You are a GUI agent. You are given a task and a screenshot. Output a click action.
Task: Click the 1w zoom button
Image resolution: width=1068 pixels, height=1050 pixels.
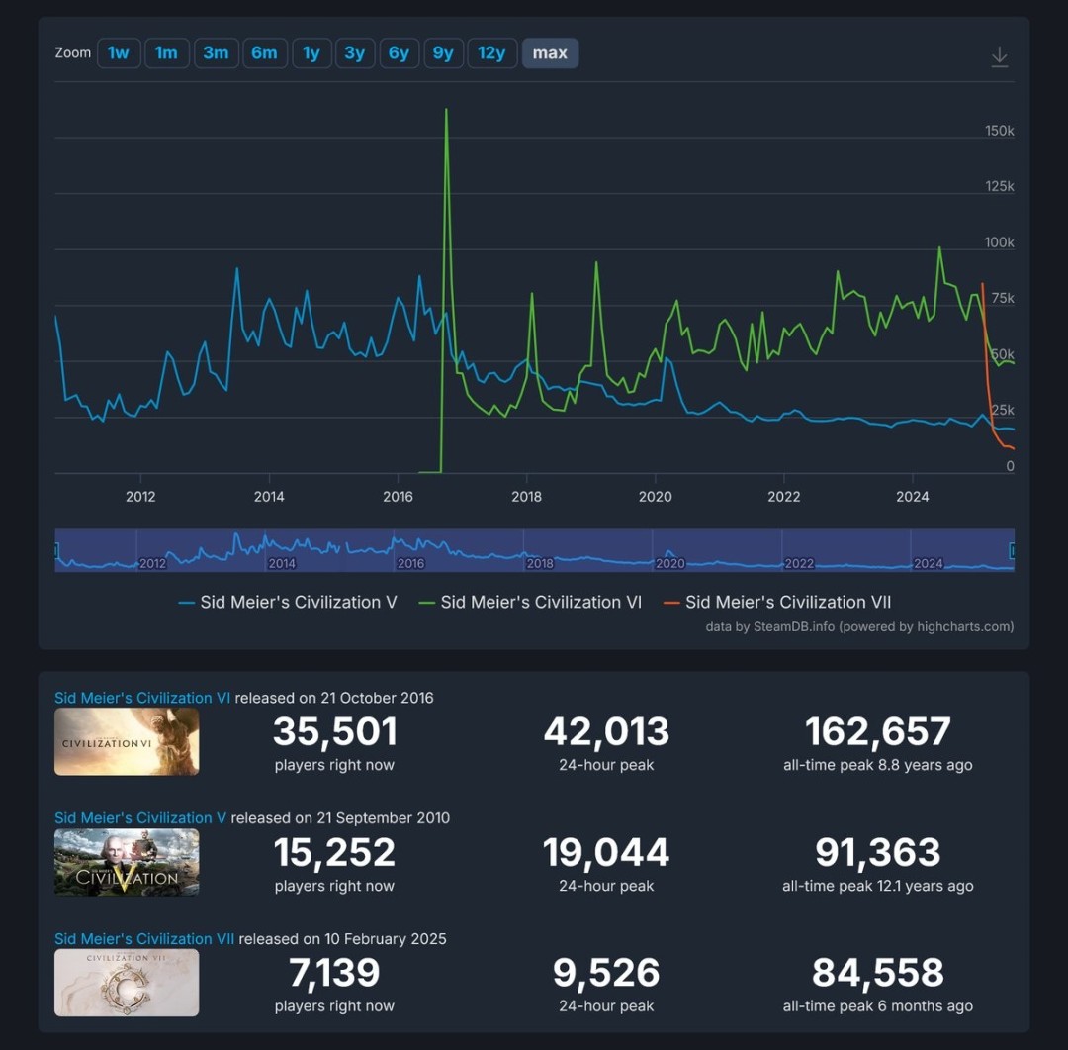point(119,53)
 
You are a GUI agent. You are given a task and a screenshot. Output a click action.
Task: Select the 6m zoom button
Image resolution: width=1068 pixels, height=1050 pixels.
point(264,53)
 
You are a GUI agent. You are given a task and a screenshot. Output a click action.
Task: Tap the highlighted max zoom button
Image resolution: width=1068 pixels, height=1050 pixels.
point(550,53)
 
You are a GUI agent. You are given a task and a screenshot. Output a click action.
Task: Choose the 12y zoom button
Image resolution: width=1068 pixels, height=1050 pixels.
point(491,53)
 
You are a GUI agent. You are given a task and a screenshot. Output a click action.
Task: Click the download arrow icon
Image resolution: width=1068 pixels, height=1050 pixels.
point(1000,56)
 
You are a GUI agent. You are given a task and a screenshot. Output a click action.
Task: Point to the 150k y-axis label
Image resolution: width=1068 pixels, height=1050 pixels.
point(1000,131)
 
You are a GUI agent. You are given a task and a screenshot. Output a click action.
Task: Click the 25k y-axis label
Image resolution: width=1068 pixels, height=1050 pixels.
point(1002,410)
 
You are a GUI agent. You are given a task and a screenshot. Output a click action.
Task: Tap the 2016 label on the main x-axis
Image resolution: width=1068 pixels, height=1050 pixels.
point(398,497)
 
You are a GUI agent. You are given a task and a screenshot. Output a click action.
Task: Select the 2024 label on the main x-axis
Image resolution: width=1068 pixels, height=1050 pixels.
point(912,497)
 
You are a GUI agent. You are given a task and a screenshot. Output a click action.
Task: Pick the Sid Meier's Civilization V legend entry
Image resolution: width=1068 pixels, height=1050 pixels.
point(298,602)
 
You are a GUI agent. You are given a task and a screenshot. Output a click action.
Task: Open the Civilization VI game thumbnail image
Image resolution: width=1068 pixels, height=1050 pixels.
point(127,741)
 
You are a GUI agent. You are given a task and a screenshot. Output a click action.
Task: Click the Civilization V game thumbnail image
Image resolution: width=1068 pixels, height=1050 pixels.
point(127,862)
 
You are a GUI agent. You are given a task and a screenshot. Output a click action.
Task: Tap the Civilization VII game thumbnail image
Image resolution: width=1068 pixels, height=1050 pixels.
point(127,983)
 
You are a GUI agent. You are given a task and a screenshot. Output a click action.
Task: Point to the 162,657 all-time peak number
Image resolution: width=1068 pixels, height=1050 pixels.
point(877,732)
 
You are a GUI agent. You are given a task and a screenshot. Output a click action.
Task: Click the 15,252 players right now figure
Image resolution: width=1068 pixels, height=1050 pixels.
point(334,853)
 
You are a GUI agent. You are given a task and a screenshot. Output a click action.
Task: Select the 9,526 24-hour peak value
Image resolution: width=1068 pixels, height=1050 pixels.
point(605,974)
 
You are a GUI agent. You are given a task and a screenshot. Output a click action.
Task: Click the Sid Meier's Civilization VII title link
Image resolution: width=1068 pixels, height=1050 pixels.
point(144,938)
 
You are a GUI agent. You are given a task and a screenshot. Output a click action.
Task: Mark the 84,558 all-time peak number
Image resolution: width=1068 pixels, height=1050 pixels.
point(877,974)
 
